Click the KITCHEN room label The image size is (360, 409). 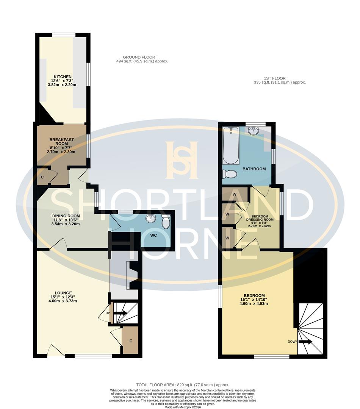pyautogui.click(x=63, y=77)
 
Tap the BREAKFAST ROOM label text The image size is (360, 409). pyautogui.click(x=61, y=140)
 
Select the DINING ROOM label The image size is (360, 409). pyautogui.click(x=66, y=216)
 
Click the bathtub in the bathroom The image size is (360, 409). pyautogui.click(x=230, y=145)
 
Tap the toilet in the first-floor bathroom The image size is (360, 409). pyautogui.click(x=230, y=174)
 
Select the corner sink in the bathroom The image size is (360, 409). pyautogui.click(x=253, y=131)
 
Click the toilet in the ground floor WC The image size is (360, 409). pyautogui.click(x=166, y=222)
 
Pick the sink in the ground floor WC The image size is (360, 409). pyautogui.click(x=151, y=219)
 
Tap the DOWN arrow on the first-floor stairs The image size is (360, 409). pyautogui.click(x=305, y=342)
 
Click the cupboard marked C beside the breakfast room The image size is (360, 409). pyautogui.click(x=42, y=177)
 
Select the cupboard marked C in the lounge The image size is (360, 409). pyautogui.click(x=131, y=341)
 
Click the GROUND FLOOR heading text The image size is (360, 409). pyautogui.click(x=142, y=57)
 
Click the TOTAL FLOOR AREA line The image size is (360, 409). pyautogui.click(x=183, y=385)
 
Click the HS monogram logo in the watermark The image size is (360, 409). pyautogui.click(x=182, y=160)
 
